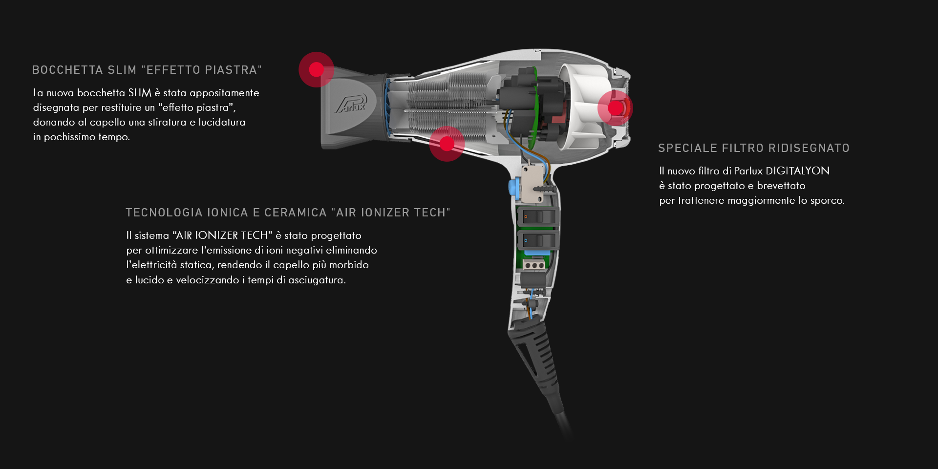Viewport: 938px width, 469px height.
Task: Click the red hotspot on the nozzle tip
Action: [317, 69]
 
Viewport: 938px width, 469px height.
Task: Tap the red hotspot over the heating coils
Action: [447, 144]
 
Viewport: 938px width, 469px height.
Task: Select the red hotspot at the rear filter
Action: [615, 107]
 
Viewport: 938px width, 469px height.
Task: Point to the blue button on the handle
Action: [513, 187]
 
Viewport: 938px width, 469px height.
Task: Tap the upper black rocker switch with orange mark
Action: [536, 216]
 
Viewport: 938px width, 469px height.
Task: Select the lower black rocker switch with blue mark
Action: [536, 240]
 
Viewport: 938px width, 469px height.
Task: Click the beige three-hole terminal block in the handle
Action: [534, 265]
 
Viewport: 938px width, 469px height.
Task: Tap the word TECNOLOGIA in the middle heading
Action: [164, 213]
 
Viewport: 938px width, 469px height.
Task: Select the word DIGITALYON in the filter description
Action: [797, 171]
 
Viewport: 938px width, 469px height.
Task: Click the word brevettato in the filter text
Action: [781, 186]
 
